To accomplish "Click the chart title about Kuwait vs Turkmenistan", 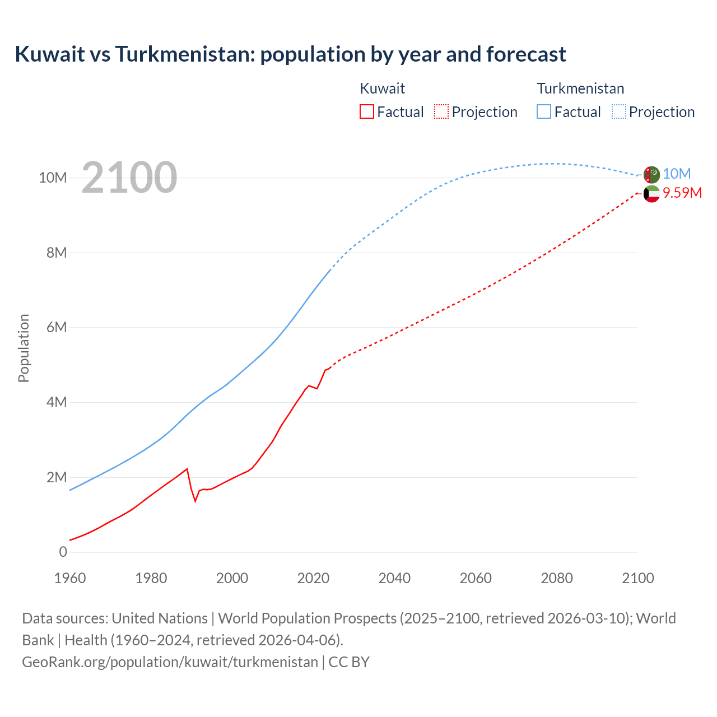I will point(290,54).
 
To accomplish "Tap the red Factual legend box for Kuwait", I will point(366,111).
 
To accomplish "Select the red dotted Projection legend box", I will point(441,111).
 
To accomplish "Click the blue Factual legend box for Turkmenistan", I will point(543,111).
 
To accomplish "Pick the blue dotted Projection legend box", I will point(618,111).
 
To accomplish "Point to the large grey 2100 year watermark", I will point(129,178).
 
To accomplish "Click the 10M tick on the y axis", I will point(53,178).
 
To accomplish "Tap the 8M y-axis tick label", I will point(56,253).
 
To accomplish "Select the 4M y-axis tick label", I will point(56,402).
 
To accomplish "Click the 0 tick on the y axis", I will point(63,552).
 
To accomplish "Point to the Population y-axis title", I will point(24,348).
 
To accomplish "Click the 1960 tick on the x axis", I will point(70,578).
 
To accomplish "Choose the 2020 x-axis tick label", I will point(313,578).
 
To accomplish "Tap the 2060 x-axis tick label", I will point(476,578).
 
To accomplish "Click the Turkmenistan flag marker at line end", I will point(651,175).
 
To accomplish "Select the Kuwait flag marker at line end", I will point(651,194).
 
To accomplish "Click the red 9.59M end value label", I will point(682,193).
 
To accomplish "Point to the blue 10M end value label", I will point(677,174).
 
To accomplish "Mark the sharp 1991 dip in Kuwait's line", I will point(195,500).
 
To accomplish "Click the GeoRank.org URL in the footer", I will point(170,662).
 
